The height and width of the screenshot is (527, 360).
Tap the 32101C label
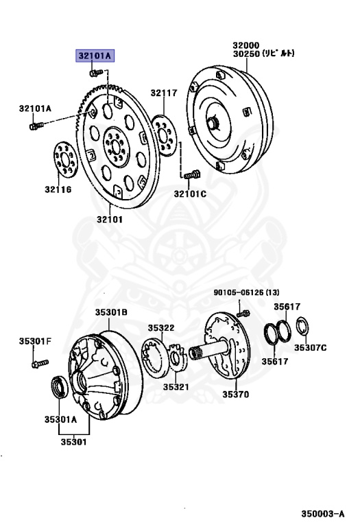click(x=190, y=194)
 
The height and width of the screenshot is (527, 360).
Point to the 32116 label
click(x=58, y=189)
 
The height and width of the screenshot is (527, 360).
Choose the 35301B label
click(x=111, y=312)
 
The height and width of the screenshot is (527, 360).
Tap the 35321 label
click(x=177, y=386)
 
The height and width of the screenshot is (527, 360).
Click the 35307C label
click(x=311, y=347)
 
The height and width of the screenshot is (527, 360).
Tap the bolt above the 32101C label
click(x=189, y=175)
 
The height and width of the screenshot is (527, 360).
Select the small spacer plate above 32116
click(x=65, y=159)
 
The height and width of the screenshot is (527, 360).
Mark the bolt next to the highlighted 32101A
click(x=95, y=71)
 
